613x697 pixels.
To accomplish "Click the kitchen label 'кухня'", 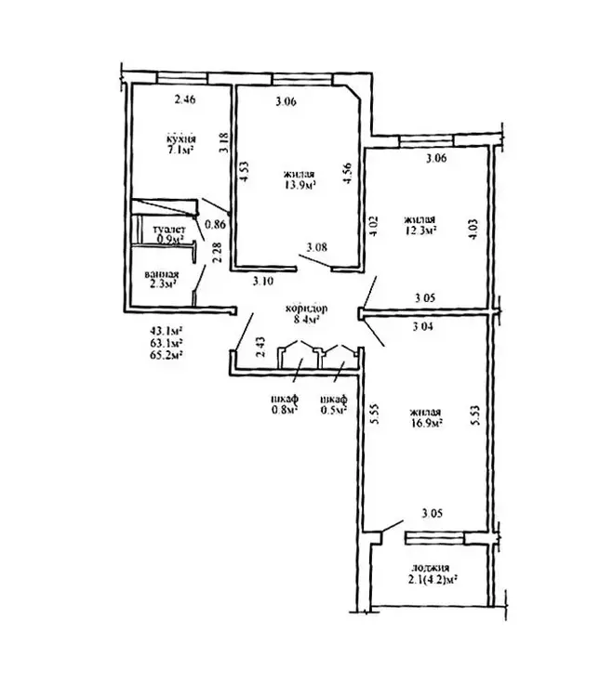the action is tap(181, 139).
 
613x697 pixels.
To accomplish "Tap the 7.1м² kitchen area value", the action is tap(180, 151).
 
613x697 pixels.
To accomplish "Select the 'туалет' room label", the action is tap(169, 230).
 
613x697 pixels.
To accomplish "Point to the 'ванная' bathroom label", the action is tap(162, 275).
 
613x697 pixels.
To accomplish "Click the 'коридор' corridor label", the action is tap(306, 308).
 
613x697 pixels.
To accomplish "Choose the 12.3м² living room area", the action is tap(420, 230).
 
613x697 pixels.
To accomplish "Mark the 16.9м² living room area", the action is tap(426, 423).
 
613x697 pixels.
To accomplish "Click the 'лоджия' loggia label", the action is tap(430, 568).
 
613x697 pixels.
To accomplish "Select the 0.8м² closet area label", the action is tap(285, 410).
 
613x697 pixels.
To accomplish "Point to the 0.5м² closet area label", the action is tap(334, 410).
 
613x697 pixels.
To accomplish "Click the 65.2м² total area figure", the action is tap(167, 355).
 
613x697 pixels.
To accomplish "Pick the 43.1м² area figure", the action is tap(167, 331).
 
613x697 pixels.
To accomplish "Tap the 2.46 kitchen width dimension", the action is tap(185, 99).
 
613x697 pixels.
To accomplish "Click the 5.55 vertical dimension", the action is tap(375, 414).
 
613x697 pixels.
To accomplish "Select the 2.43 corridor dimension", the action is tap(260, 347).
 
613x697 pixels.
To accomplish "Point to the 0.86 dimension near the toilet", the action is tap(216, 225).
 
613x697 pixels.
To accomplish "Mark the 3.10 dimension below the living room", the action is tap(263, 281).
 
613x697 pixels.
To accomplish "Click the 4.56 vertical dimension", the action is tap(347, 174).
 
